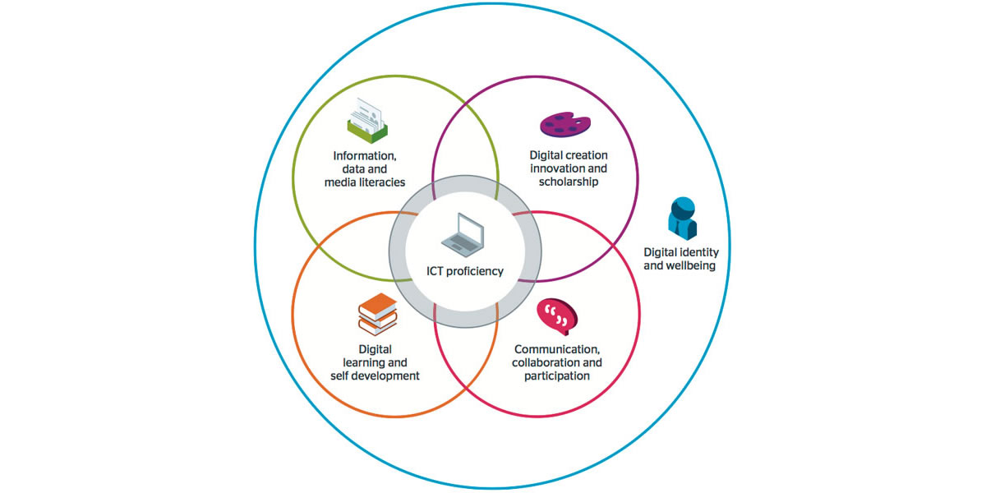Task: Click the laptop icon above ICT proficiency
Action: click(x=465, y=233)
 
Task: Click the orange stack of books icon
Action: click(x=377, y=313)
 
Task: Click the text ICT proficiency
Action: click(x=464, y=271)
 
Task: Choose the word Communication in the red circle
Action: click(x=556, y=348)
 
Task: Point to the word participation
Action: click(x=556, y=376)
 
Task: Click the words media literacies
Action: click(x=365, y=182)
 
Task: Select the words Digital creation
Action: click(x=568, y=154)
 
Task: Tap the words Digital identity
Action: click(x=680, y=252)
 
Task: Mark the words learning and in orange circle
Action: click(x=375, y=362)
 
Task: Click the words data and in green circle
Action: click(x=365, y=168)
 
